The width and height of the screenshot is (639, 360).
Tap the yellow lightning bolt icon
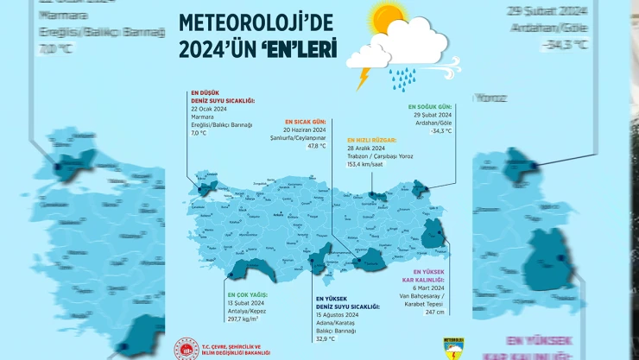[364, 79]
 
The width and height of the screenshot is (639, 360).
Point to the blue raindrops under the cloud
[402, 79]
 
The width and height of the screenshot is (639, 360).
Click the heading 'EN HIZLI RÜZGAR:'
[371, 139]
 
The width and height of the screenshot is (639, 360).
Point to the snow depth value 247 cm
[433, 312]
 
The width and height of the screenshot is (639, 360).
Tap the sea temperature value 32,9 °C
[326, 338]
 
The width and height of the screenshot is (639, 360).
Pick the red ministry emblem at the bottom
[186, 348]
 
